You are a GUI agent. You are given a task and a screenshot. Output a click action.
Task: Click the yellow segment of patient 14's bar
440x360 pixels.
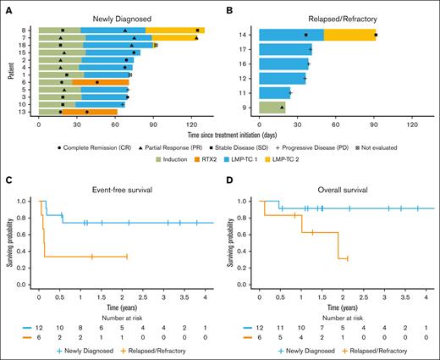(x=349, y=35)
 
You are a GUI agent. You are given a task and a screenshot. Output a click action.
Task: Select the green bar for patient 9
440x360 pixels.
(x=272, y=107)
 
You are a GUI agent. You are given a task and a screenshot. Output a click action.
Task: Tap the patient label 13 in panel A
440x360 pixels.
(x=31, y=111)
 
